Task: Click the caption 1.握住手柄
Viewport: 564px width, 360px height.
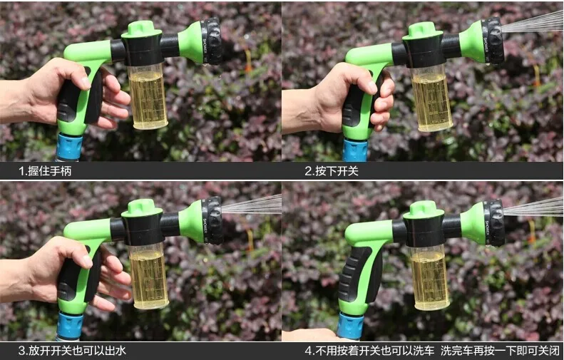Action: pos(45,170)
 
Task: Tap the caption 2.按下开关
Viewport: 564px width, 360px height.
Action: pos(332,170)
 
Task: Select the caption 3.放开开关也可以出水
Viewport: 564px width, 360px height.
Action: pos(72,351)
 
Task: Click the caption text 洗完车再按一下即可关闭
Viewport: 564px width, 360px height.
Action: pos(501,351)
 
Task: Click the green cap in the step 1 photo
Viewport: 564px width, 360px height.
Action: pos(141,29)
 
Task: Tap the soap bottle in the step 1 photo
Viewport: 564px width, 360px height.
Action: pos(148,96)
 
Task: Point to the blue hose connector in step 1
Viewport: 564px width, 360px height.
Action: pos(69,147)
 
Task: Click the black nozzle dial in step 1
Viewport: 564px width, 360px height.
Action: pos(212,41)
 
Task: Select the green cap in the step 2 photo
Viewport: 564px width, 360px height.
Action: pos(422,31)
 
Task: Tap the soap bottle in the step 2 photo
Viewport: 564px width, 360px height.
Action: pos(431,98)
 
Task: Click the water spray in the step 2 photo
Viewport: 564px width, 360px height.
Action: pos(533,22)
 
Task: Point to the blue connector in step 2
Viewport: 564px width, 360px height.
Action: pos(355,150)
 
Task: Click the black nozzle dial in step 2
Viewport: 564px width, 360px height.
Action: pos(493,41)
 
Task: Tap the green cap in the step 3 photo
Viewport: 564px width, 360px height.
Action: pos(142,208)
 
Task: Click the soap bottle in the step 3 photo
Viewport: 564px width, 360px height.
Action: pos(148,276)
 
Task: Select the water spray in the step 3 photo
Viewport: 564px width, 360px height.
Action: pos(252,205)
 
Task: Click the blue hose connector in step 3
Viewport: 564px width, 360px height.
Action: pos(69,326)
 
